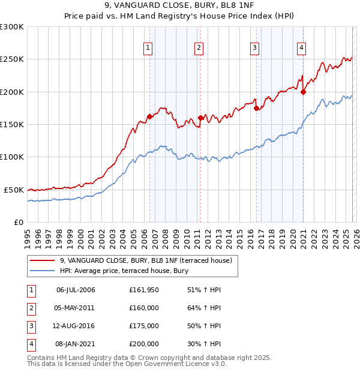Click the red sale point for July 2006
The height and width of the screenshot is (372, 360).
(x=149, y=117)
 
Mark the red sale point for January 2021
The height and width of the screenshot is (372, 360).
(x=303, y=92)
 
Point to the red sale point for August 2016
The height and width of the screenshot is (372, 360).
(x=256, y=108)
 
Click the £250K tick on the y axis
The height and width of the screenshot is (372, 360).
(x=12, y=59)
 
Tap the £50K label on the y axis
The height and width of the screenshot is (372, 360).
(x=14, y=190)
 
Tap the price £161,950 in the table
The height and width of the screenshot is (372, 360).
(x=143, y=290)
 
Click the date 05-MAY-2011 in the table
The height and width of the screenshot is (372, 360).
(x=76, y=308)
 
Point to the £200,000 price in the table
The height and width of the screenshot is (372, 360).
(x=143, y=344)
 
